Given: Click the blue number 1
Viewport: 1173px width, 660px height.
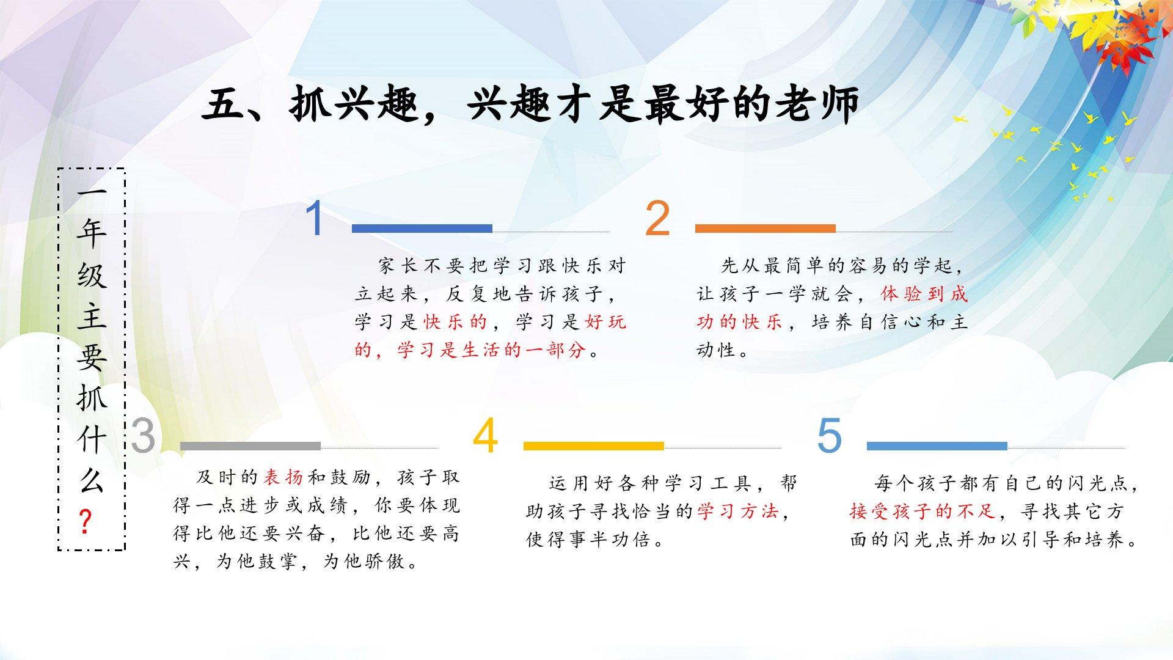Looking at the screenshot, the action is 315,219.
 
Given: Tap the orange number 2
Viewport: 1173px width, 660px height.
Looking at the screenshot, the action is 657,218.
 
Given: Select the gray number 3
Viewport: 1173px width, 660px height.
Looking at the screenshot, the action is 143,436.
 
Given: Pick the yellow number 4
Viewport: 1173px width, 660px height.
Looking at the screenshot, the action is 486,436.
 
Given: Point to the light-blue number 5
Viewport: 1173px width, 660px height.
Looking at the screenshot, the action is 829,436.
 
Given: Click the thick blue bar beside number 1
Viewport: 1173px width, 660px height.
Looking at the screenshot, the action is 422,229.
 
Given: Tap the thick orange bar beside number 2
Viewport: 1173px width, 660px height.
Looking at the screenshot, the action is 766,229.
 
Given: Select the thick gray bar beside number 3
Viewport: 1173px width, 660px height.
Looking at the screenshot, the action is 250,446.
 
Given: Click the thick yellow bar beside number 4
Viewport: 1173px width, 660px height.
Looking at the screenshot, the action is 594,446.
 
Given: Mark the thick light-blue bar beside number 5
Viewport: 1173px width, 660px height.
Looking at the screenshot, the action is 937,446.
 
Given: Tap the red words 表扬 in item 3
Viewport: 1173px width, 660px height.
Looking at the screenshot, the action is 283,477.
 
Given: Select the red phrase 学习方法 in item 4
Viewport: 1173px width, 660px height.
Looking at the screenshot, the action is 738,512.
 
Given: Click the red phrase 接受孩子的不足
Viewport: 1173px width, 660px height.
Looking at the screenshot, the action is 923,512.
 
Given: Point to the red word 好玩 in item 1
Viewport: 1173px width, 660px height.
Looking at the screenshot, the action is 605,322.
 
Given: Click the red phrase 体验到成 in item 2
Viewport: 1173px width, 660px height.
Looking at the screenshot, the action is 924,294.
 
